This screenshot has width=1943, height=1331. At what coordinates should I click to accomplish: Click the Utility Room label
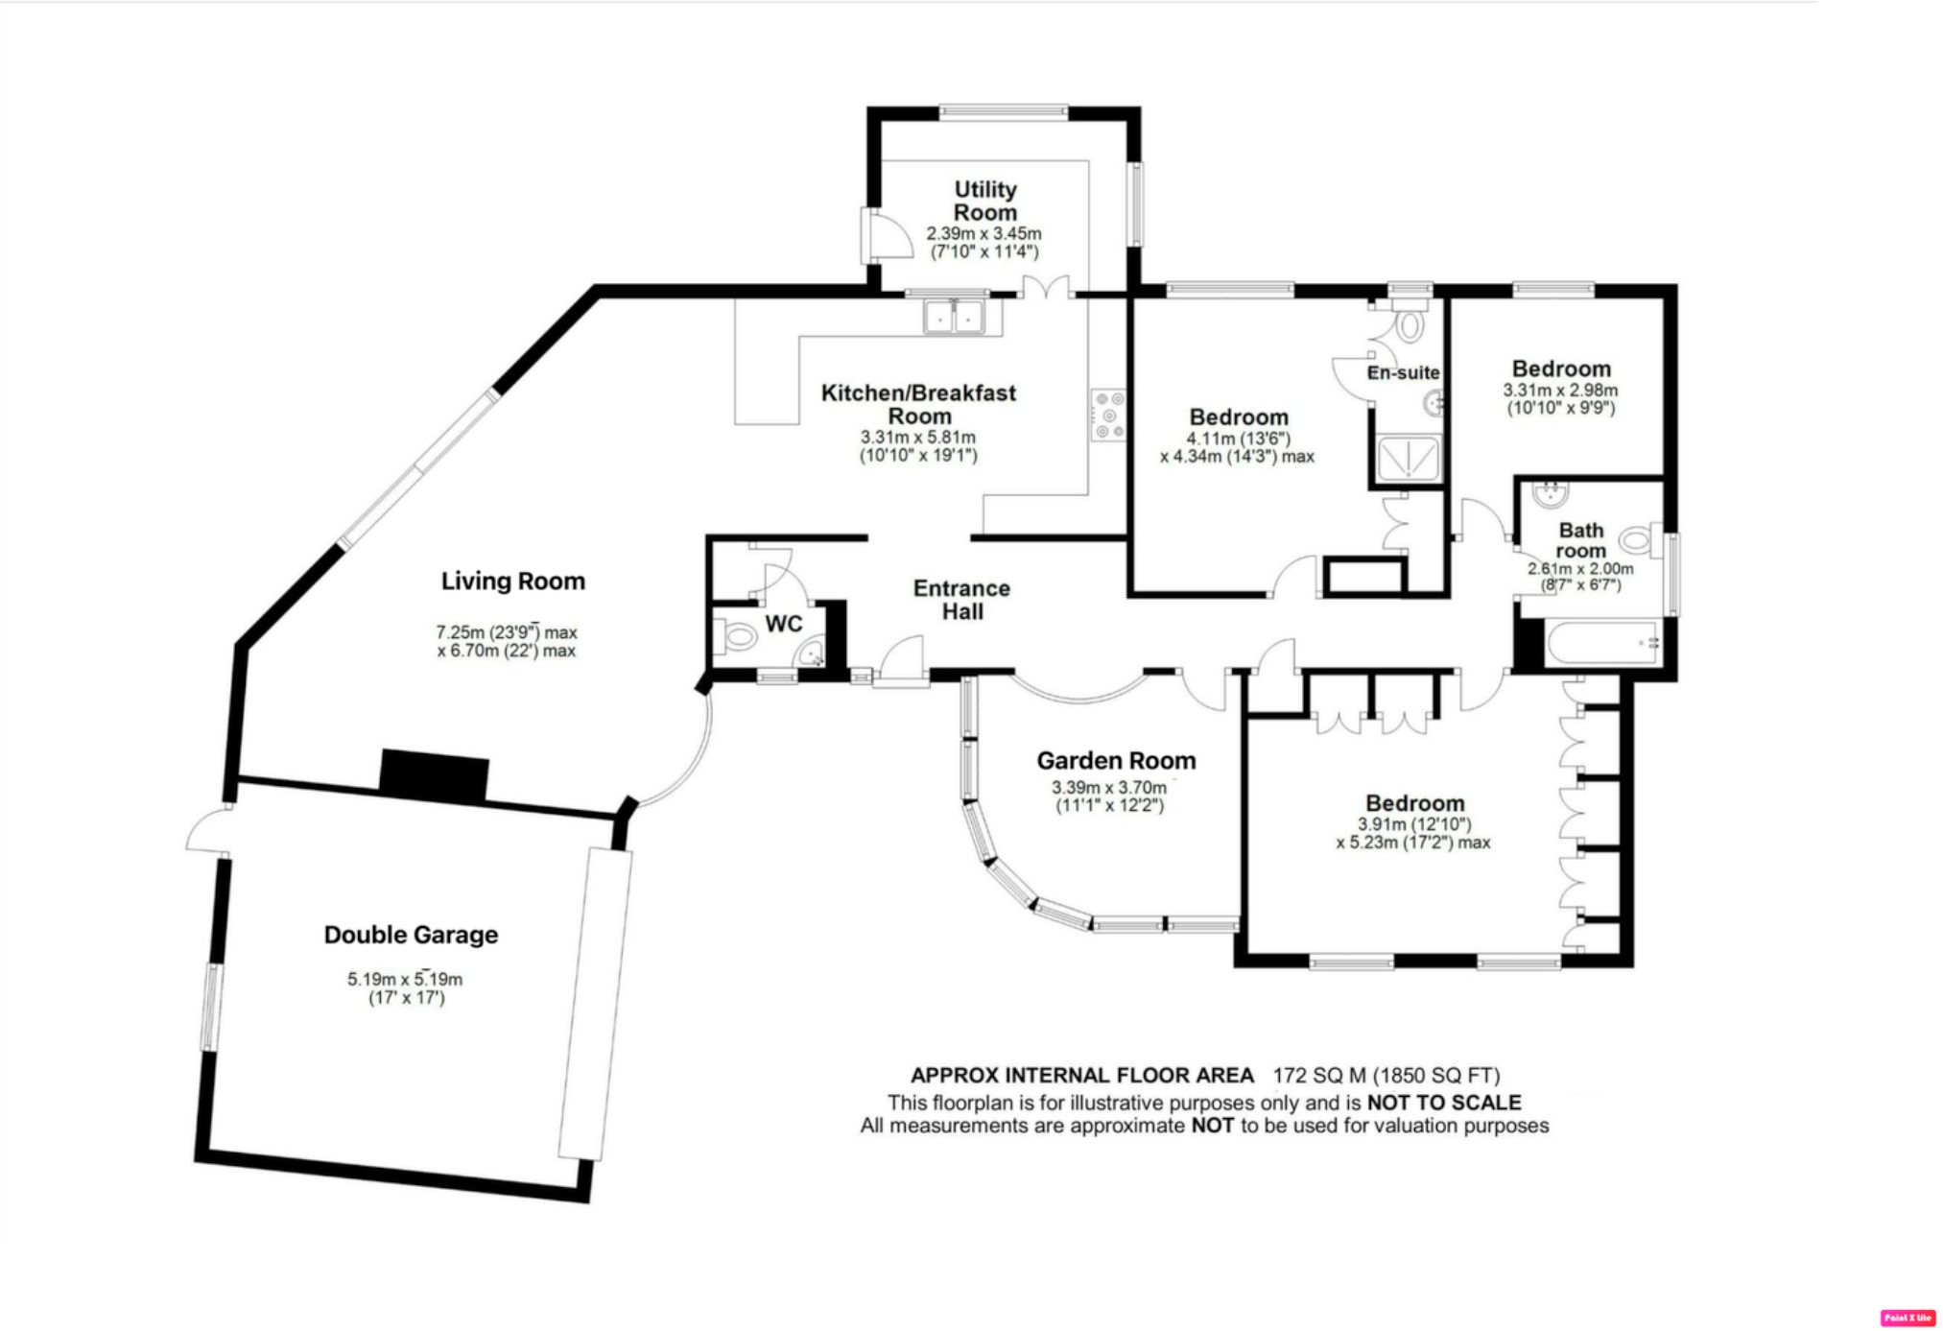(x=984, y=201)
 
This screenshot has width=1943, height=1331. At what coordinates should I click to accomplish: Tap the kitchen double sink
(x=954, y=317)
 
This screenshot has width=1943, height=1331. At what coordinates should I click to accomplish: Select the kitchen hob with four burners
(x=1108, y=415)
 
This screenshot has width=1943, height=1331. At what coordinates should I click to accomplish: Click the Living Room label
(x=512, y=581)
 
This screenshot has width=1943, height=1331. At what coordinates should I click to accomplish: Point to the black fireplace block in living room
(x=434, y=775)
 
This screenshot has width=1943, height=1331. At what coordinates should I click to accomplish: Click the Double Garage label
(x=411, y=935)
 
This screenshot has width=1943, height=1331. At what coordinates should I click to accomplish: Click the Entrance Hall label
(x=961, y=600)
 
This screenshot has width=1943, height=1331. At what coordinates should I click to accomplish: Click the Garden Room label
(x=1116, y=761)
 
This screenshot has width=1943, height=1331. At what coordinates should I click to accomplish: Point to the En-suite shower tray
(x=1408, y=458)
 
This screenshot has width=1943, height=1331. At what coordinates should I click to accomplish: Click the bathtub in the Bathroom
(x=1602, y=642)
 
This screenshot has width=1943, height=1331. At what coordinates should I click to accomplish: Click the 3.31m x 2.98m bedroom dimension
(x=1560, y=391)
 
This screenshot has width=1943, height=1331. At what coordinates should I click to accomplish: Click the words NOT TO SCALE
(x=1443, y=1103)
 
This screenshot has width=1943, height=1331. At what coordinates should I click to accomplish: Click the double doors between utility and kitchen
(x=1046, y=289)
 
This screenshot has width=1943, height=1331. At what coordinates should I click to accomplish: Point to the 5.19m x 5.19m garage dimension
(x=405, y=980)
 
